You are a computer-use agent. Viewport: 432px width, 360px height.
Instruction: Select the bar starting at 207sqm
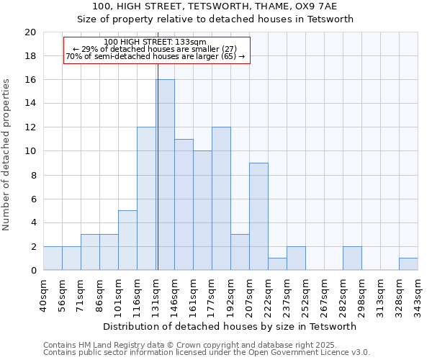click(258, 217)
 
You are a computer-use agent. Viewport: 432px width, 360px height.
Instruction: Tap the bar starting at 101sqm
click(127, 240)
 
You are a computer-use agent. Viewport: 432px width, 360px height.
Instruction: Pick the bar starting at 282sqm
click(352, 258)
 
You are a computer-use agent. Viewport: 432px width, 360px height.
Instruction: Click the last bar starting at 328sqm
click(408, 264)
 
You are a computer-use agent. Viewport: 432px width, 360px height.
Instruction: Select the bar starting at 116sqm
click(146, 199)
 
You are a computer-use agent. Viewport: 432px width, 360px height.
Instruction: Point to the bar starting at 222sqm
click(277, 264)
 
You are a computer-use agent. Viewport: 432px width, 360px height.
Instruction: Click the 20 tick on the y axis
click(30, 32)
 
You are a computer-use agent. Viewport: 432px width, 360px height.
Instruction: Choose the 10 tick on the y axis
click(30, 151)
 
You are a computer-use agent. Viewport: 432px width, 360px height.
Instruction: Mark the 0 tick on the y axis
click(32, 271)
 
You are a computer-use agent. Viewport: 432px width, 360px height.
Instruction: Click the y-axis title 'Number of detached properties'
click(7, 155)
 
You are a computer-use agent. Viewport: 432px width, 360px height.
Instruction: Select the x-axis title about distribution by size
click(230, 326)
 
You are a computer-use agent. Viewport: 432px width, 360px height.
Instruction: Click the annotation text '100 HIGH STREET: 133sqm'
click(155, 42)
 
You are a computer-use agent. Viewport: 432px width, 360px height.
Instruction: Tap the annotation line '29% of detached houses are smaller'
click(155, 49)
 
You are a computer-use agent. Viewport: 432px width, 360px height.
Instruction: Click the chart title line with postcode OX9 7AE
click(215, 6)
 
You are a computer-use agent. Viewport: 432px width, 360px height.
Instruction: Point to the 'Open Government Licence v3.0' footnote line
click(207, 352)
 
